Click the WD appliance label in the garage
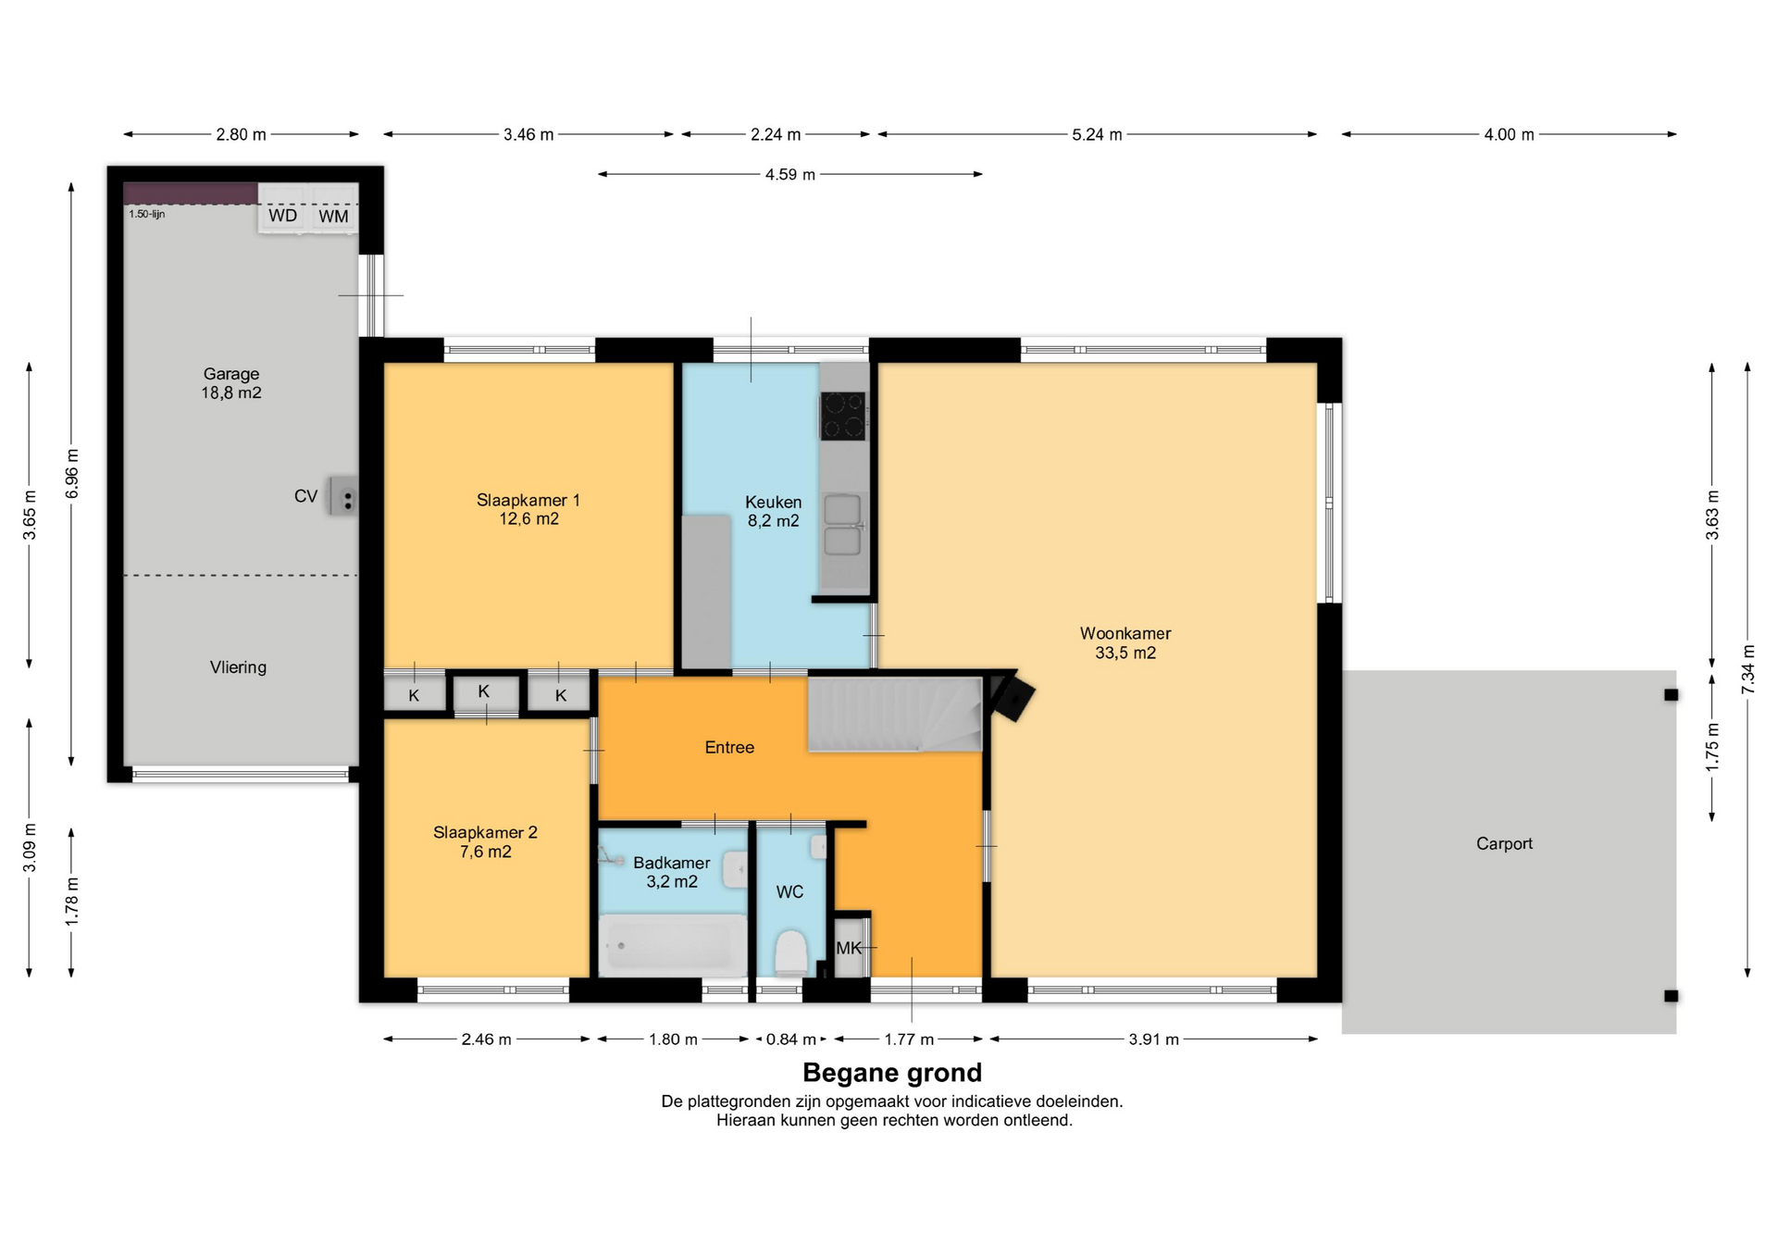(282, 216)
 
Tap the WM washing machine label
(333, 217)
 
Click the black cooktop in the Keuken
(842, 416)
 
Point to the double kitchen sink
(842, 525)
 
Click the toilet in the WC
(790, 952)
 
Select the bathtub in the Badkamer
(673, 945)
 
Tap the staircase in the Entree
(895, 714)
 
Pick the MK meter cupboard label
(848, 948)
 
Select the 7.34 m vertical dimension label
(1747, 669)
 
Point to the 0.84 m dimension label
(790, 1039)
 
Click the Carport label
(1504, 843)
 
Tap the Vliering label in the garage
(238, 667)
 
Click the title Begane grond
(892, 1073)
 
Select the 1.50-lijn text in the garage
(146, 214)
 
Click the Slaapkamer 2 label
(485, 832)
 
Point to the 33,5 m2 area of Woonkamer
(1125, 653)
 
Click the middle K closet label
(483, 691)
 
